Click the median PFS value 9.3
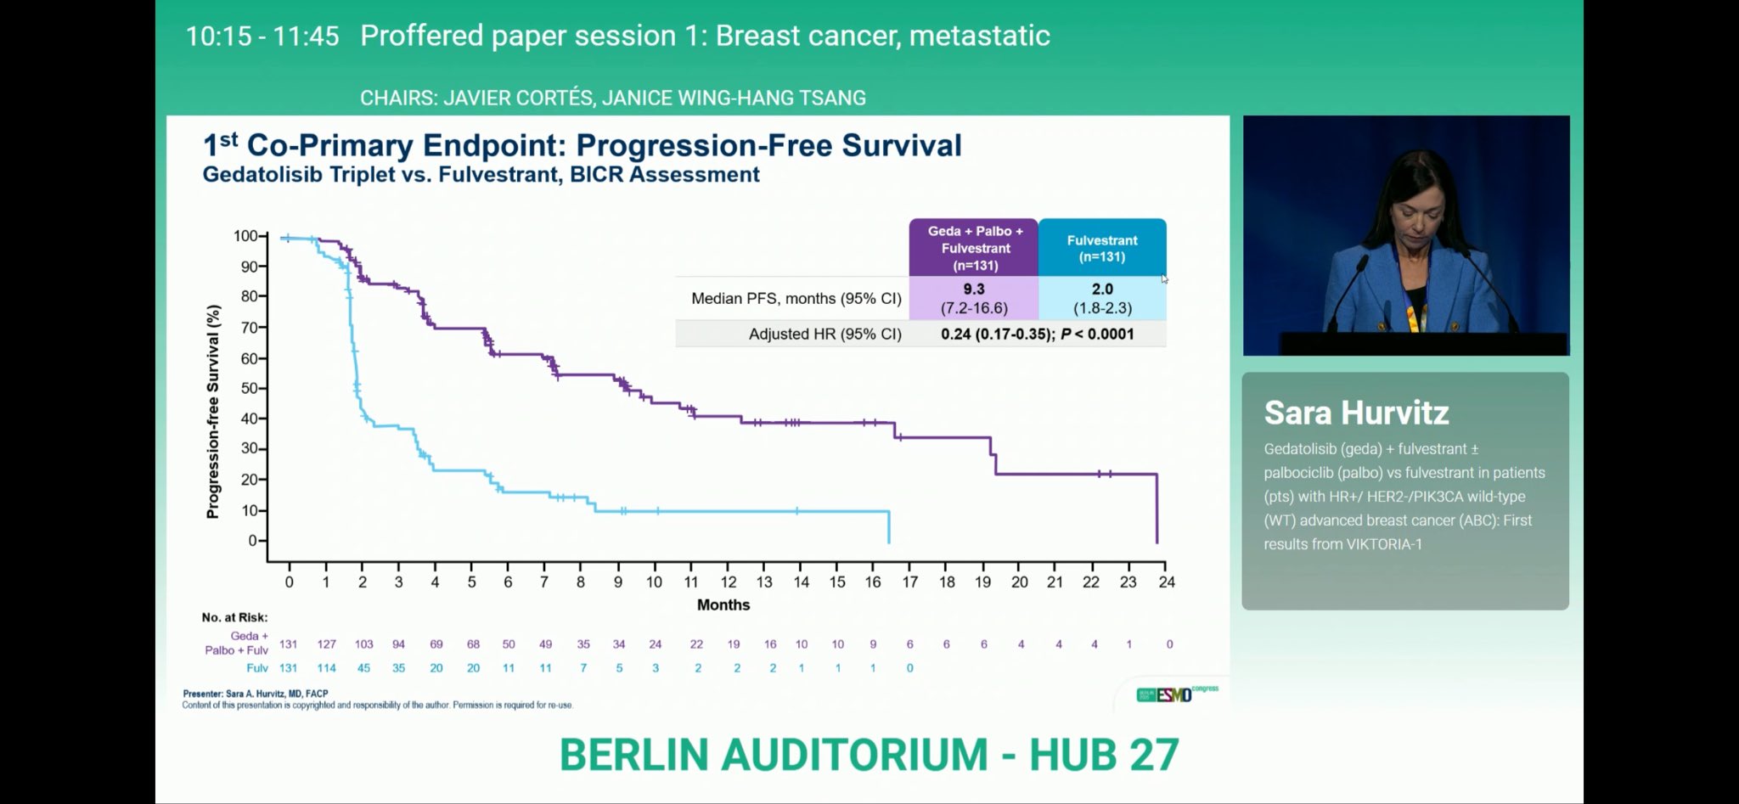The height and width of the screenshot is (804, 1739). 973,290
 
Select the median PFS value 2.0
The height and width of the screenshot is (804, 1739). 1101,290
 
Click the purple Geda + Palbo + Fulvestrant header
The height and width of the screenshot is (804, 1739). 974,248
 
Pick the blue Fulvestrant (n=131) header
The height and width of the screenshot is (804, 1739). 1101,248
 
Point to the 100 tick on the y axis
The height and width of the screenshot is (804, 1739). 245,236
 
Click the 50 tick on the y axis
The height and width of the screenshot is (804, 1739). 249,388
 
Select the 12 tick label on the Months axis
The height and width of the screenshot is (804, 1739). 728,582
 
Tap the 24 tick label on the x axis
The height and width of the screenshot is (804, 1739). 1167,582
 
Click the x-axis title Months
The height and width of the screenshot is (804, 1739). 723,605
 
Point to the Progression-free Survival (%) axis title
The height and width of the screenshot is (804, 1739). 213,412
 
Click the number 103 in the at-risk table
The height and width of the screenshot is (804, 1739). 363,644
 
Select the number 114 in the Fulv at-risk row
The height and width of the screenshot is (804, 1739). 326,668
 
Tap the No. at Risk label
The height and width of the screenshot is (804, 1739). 234,617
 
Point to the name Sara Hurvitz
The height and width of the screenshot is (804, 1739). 1356,413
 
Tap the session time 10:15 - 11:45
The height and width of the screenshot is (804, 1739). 262,37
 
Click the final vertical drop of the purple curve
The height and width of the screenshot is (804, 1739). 1157,509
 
